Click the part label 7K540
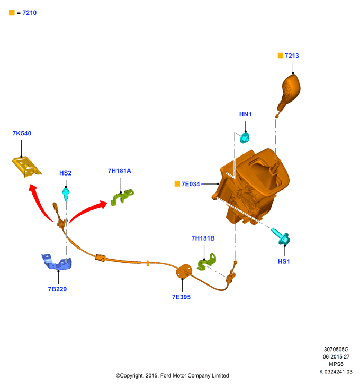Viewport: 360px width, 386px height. coord(22,133)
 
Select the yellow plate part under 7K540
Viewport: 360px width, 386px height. coord(26,167)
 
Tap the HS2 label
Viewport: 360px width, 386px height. coord(65,173)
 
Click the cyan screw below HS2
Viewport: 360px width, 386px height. coord(66,194)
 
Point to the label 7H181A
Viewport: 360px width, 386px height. coord(120,171)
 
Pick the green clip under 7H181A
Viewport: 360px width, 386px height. coord(122,197)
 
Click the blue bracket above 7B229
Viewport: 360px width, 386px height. coord(57,262)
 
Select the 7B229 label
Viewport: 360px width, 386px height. coord(57,289)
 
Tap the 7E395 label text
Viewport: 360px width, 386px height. coord(182,297)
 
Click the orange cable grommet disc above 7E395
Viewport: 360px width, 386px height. coord(184,271)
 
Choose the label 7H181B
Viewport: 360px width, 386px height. coord(203,238)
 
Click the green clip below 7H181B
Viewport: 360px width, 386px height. coord(206,262)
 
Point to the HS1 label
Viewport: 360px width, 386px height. coord(284,261)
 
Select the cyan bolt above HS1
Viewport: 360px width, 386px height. coord(281,236)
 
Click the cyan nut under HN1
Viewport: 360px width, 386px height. coord(245,137)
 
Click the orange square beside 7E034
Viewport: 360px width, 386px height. coord(177,184)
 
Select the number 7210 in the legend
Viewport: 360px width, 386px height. coord(30,13)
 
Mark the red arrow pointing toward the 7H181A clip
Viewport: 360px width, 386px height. coord(87,211)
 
